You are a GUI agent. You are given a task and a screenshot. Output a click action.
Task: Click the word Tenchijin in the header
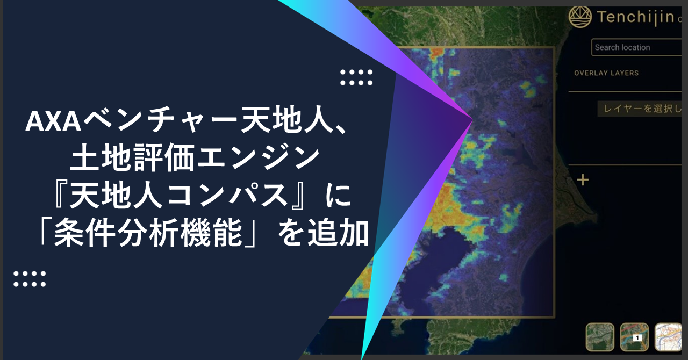[635, 17]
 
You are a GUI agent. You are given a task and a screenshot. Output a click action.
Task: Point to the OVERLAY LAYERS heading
[606, 73]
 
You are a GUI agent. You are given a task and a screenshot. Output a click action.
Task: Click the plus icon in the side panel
[583, 180]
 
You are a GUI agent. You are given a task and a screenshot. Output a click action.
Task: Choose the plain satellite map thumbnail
[600, 337]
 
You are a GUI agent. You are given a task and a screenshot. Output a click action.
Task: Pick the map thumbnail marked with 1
[634, 337]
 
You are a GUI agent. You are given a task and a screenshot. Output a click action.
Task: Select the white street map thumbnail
[670, 337]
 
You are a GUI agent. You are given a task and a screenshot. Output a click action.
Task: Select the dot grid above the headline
[356, 77]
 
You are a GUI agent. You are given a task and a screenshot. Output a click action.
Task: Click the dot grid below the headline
[30, 278]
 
